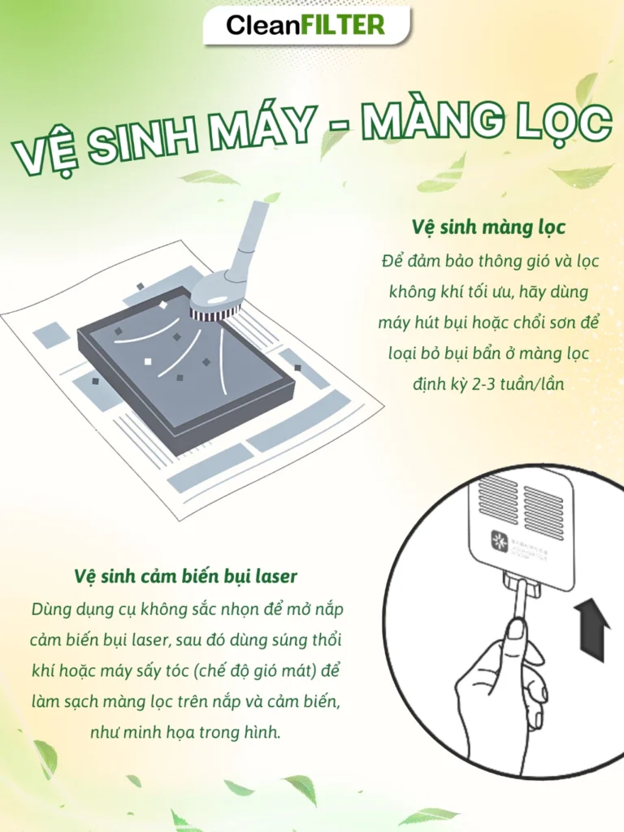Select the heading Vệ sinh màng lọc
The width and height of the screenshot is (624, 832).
click(x=488, y=226)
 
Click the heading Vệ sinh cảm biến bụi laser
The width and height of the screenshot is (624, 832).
click(x=185, y=576)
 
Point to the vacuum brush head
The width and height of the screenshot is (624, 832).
click(x=216, y=302)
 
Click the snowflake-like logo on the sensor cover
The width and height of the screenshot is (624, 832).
click(x=497, y=539)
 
